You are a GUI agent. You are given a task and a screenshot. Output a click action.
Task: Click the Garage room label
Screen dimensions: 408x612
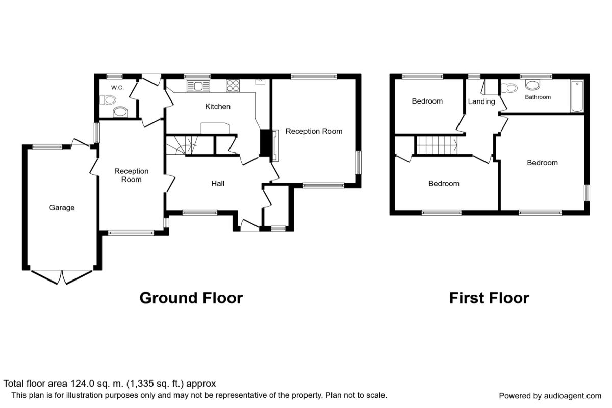click(x=62, y=208)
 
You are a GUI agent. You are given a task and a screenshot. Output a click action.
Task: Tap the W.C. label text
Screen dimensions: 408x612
click(x=117, y=88)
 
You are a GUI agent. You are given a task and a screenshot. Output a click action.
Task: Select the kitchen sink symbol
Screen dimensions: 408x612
click(x=198, y=86)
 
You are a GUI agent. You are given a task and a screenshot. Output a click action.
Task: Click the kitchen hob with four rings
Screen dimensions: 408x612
click(x=233, y=86)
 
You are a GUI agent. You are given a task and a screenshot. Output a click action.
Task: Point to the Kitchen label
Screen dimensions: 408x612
click(x=218, y=107)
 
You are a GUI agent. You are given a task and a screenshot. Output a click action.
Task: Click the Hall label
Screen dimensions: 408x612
click(x=218, y=184)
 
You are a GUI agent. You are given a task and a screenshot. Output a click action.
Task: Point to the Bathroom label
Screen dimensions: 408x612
click(x=538, y=97)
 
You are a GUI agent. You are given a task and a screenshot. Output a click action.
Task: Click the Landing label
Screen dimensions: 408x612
click(x=481, y=101)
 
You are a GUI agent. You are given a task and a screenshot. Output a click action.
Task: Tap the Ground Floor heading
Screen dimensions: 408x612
click(x=191, y=298)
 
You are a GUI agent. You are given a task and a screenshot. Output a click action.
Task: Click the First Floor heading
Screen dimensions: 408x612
click(x=489, y=298)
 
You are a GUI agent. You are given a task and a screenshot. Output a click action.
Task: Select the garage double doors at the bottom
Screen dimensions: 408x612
click(x=62, y=276)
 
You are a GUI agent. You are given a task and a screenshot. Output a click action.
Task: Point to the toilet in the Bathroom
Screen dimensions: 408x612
click(x=507, y=88)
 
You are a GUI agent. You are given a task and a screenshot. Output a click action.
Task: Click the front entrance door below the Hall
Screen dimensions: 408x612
click(x=249, y=225)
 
